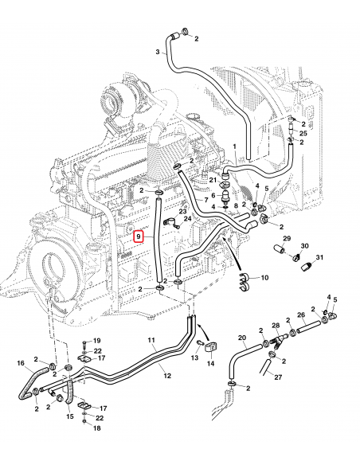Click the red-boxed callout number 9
(x=139, y=236)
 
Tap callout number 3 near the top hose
(x=157, y=52)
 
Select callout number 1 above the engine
(x=235, y=147)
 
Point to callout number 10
(x=264, y=278)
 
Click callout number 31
(x=319, y=257)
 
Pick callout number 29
(x=287, y=238)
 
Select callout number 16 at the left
(x=22, y=363)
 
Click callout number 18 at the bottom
(x=96, y=429)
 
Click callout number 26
(x=301, y=315)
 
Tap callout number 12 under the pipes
(x=166, y=374)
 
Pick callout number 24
(x=189, y=218)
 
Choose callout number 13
(x=194, y=358)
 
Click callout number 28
(x=276, y=326)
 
